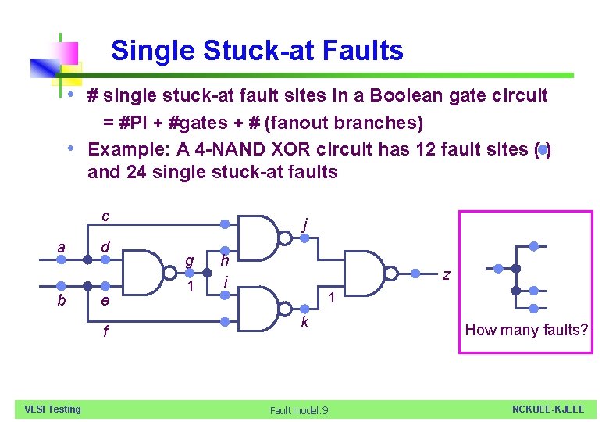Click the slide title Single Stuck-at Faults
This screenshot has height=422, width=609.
pyautogui.click(x=257, y=51)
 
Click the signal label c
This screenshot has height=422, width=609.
pyautogui.click(x=105, y=216)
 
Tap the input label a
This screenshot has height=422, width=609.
pyautogui.click(x=61, y=248)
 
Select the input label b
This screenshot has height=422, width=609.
pyautogui.click(x=61, y=301)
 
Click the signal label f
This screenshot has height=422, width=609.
pyautogui.click(x=105, y=331)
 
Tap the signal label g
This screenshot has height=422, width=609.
pyautogui.click(x=188, y=260)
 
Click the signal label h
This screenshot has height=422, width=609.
pyautogui.click(x=225, y=260)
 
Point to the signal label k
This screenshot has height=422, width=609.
pyautogui.click(x=305, y=322)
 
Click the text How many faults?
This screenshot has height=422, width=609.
pyautogui.click(x=526, y=330)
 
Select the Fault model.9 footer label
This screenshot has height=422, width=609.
pyautogui.click(x=299, y=410)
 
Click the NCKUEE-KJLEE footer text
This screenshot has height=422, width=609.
pyautogui.click(x=547, y=409)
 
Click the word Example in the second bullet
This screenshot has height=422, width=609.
pyautogui.click(x=123, y=148)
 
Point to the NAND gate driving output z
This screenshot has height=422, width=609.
pyautogui.click(x=366, y=272)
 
